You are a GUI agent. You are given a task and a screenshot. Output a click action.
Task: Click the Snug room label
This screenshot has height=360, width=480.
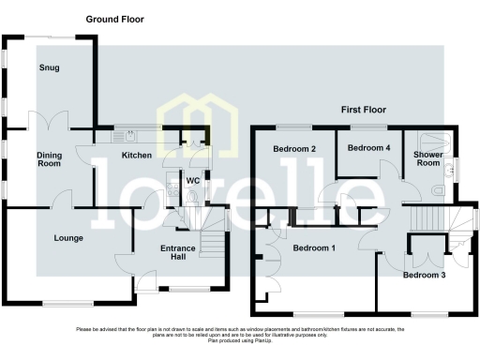[x=49, y=68]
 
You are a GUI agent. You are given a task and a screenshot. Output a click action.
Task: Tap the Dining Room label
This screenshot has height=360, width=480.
[x=49, y=159]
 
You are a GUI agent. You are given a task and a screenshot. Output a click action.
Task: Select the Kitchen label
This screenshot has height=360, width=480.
[x=137, y=156]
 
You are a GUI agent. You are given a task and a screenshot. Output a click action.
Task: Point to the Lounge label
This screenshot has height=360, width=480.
[x=67, y=238]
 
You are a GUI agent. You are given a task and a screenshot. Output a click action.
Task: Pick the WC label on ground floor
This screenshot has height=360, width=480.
[x=193, y=179]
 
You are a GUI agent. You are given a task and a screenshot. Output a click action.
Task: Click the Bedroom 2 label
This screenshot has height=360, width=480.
[x=293, y=149]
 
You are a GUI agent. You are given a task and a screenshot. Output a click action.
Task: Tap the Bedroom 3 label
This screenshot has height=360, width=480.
[x=425, y=276]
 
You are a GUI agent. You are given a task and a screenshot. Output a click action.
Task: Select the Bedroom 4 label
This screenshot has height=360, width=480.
[x=367, y=148]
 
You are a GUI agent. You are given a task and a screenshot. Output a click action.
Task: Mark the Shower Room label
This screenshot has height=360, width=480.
[x=428, y=158]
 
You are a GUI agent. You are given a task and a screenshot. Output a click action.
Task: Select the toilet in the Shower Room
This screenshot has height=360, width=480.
[x=440, y=189]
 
